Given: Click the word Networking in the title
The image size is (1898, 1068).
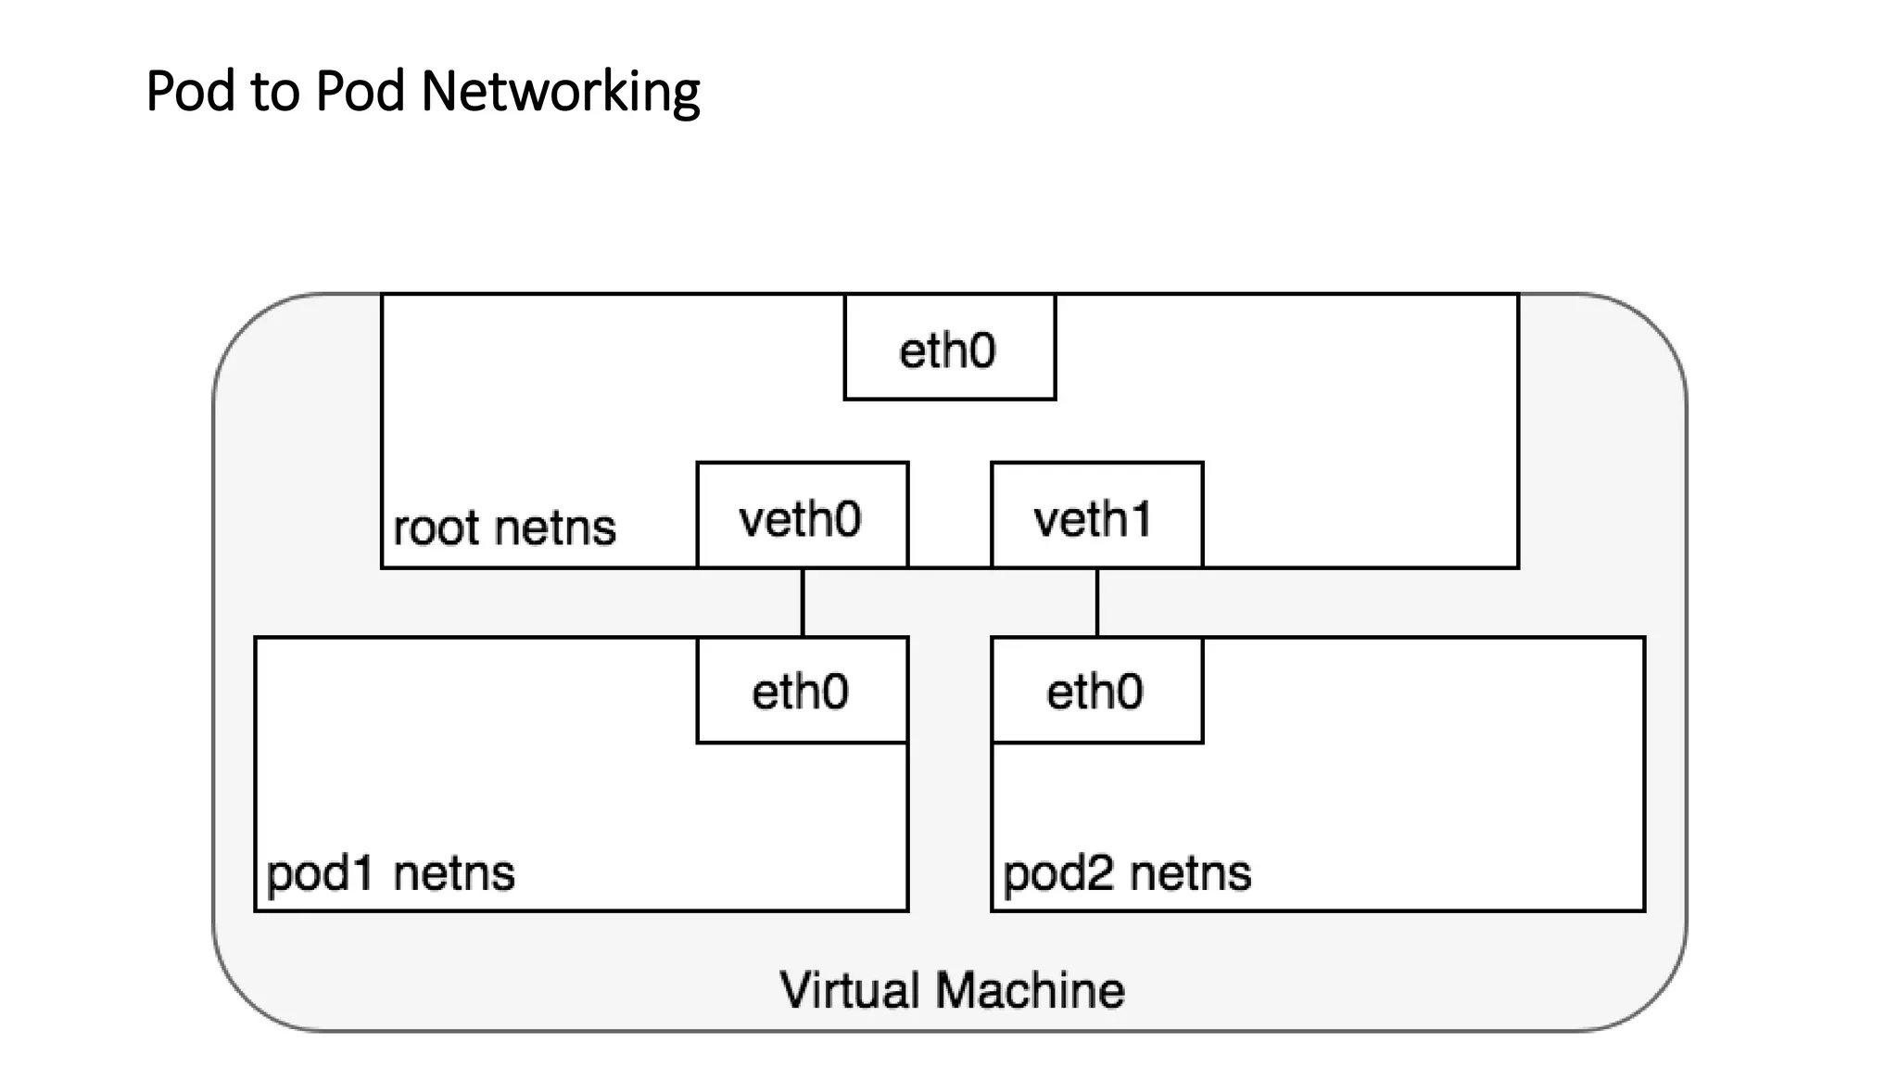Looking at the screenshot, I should [560, 93].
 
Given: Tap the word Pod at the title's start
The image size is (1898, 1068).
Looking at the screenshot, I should [190, 91].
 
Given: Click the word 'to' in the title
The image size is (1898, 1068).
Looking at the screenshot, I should [275, 93].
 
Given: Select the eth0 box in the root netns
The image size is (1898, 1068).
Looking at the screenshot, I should [949, 349].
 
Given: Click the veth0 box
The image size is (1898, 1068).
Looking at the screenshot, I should [802, 515].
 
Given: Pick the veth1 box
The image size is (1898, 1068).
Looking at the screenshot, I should [1096, 515].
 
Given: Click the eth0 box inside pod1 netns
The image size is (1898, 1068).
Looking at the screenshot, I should [802, 691].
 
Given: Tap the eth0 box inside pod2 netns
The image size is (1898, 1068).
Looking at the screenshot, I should [1096, 691].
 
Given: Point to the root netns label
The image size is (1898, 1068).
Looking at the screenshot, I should [504, 528].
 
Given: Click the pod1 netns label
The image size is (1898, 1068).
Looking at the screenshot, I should [390, 873].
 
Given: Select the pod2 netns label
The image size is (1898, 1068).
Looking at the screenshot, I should [1127, 873].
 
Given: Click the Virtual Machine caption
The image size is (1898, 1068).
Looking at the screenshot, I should [952, 990].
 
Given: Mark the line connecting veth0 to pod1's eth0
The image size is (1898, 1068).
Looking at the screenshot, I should [803, 603].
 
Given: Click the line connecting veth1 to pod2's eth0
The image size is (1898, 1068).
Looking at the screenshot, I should [1097, 603].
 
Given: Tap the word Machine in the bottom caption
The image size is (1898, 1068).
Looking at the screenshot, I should [1030, 990].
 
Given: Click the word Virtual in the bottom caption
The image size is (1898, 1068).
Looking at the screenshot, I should [849, 990].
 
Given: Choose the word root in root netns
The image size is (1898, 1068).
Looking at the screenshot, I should [435, 528].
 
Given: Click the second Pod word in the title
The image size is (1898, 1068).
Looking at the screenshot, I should [361, 91].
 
